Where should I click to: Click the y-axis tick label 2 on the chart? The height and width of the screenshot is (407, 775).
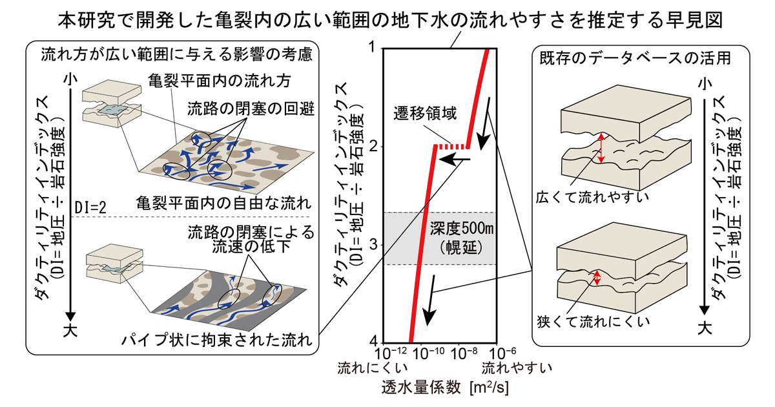pos(374,147)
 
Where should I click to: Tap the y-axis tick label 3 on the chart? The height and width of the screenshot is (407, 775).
pos(374,245)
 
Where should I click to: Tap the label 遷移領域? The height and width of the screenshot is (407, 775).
pos(425,113)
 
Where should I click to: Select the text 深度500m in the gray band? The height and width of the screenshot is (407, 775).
pos(462,229)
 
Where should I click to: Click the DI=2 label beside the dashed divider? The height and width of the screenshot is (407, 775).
pos(90,208)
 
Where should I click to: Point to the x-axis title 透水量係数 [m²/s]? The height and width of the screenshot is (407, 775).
pos(445,388)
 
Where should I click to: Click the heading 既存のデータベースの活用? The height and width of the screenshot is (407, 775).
pos(635,58)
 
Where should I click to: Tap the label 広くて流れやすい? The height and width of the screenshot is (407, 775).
pos(592,197)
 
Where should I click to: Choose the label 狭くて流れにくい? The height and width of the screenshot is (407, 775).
pos(593,322)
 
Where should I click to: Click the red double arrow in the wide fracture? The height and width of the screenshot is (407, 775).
pos(601,148)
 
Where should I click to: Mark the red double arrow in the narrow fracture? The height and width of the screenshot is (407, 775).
pos(597,278)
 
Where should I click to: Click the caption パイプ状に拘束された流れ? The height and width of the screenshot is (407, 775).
pos(217,340)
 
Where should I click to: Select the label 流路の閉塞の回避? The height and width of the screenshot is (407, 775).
pos(251,109)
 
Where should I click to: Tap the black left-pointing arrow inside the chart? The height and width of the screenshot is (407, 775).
pos(455,160)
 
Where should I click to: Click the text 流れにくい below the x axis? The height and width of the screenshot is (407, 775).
pos(373,368)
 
